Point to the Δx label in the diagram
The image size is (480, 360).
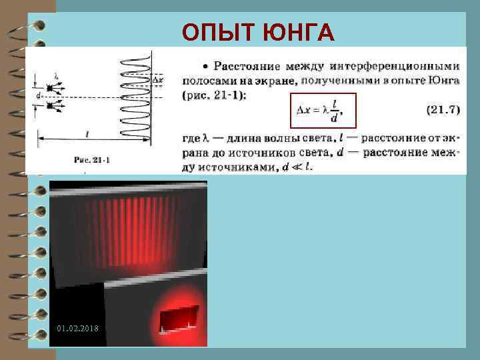click(158, 80)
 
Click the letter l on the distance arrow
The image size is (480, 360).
click(87, 133)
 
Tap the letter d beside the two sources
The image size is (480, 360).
click(39, 97)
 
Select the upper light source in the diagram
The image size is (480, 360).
click(50, 87)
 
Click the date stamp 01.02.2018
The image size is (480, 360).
click(78, 328)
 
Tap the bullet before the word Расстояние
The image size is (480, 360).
click(207, 66)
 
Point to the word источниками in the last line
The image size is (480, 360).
click(245, 167)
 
